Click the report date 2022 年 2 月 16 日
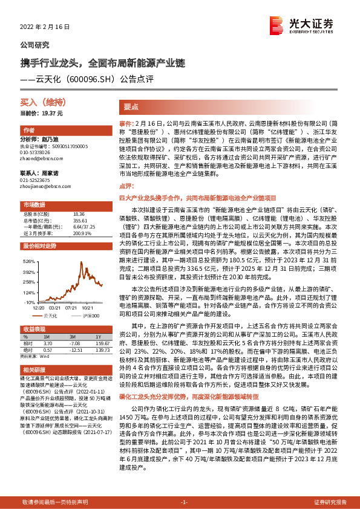[45, 27]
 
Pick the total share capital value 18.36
[78, 214]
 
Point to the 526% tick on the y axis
[28, 261]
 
